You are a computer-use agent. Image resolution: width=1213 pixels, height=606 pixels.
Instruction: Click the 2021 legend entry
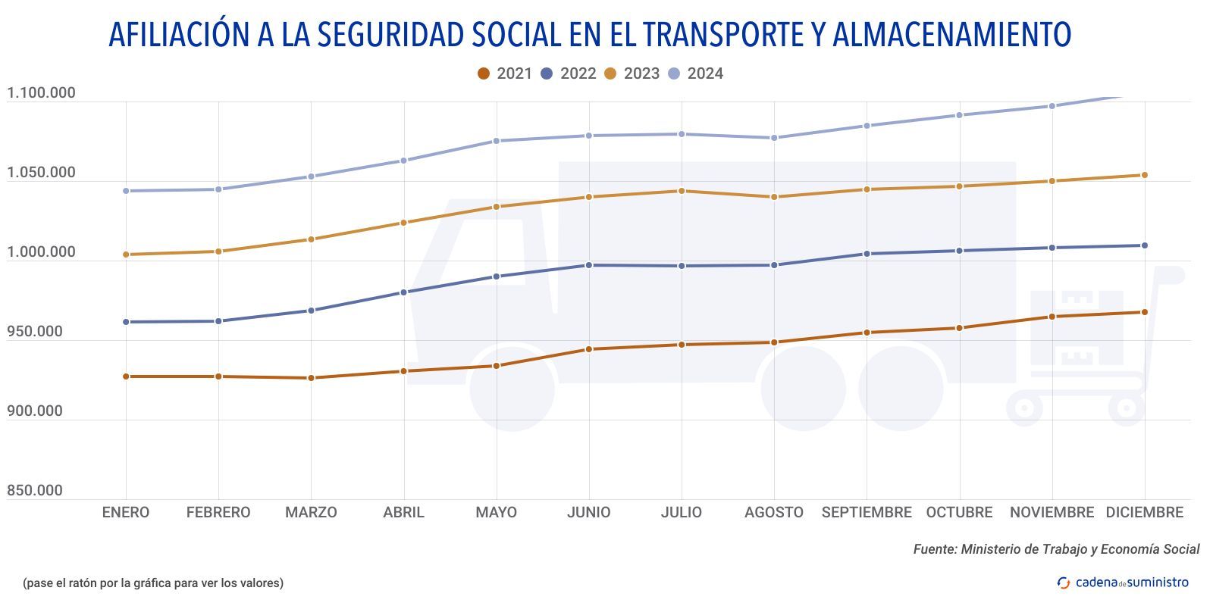tap(505, 73)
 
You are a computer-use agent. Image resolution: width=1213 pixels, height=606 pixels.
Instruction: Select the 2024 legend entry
tap(696, 73)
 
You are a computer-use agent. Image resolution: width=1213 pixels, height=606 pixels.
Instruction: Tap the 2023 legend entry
tap(632, 73)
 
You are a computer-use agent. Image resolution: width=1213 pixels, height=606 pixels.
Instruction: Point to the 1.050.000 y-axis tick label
tap(41, 173)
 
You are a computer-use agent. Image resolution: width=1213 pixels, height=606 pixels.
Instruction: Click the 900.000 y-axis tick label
tap(35, 411)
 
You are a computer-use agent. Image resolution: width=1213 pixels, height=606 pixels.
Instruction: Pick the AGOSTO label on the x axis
tap(773, 513)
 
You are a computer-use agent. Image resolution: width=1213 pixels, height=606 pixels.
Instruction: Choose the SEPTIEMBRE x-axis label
tap(867, 513)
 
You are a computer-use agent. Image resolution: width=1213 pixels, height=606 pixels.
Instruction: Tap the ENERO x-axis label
tap(126, 513)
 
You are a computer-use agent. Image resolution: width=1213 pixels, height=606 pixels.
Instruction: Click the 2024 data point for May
tap(497, 141)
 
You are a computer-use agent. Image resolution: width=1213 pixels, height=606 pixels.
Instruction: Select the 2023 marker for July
tap(682, 191)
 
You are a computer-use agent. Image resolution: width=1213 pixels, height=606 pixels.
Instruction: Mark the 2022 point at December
tap(1144, 245)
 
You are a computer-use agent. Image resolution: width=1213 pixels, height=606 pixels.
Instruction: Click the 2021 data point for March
tap(311, 378)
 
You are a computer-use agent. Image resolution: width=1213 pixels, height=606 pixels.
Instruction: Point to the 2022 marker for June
tap(589, 265)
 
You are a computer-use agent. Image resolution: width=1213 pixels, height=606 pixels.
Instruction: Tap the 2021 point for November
tap(1052, 317)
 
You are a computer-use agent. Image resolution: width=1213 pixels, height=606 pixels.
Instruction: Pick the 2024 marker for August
tap(774, 138)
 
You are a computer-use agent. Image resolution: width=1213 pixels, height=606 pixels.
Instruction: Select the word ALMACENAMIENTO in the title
tap(951, 35)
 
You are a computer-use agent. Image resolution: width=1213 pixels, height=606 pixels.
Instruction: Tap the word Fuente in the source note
tap(934, 550)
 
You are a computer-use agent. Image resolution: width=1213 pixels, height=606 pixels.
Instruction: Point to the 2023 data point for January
tap(126, 255)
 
